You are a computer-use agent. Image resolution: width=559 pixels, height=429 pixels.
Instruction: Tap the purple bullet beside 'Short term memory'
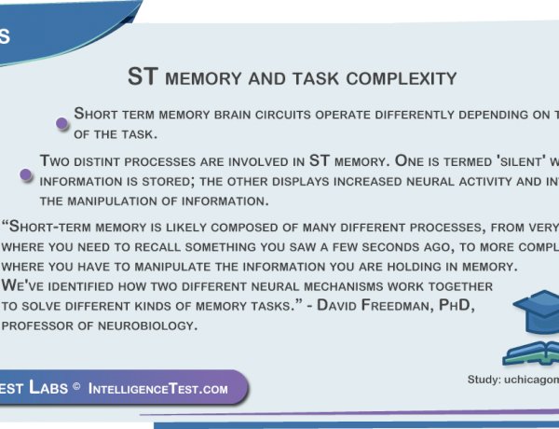click(61, 122)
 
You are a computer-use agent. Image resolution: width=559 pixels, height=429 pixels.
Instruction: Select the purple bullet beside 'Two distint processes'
click(26, 174)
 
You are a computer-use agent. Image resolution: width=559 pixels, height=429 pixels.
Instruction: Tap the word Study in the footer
click(486, 380)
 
